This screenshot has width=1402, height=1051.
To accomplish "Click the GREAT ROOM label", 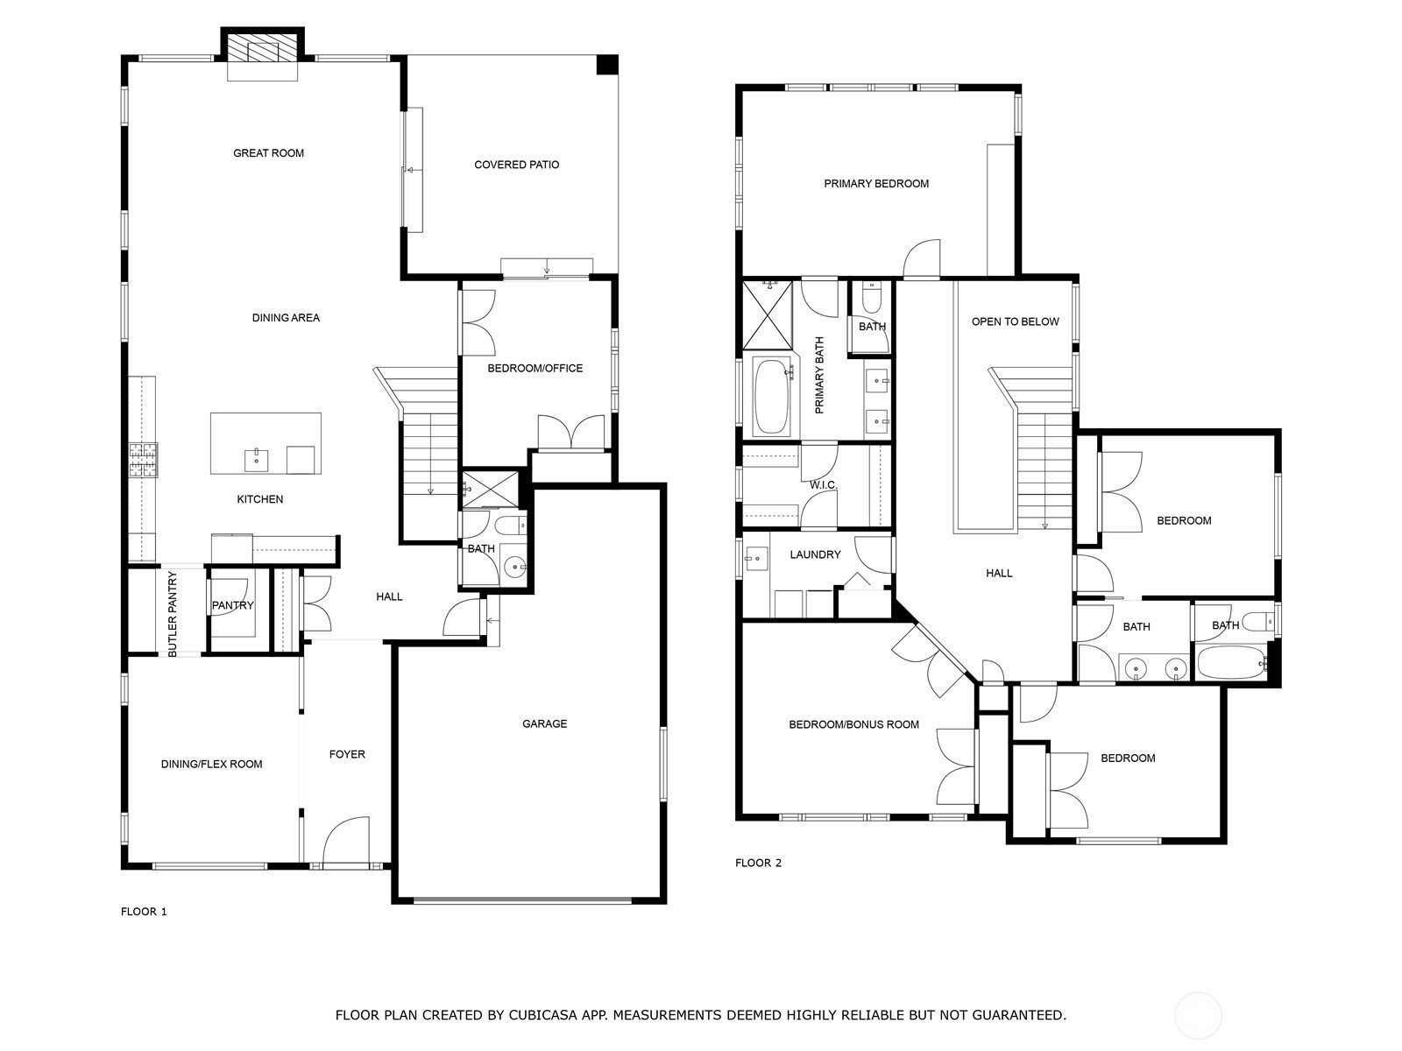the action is point(268,153).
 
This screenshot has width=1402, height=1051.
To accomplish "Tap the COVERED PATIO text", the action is point(517,165).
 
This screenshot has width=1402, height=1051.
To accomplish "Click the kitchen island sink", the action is point(256,460).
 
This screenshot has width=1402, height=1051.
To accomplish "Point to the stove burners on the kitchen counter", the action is point(144,461).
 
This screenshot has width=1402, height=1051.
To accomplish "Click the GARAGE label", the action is point(545,723).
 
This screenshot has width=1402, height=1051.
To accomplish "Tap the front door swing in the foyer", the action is point(346,840).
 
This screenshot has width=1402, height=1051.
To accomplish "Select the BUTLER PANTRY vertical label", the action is point(173,615).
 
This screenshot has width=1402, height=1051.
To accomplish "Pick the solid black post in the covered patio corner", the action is point(607,65).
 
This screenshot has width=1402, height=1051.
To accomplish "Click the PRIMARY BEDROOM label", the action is point(876,184).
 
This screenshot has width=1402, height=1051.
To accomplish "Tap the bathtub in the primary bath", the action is point(771,396).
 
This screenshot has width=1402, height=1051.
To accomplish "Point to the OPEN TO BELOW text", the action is point(1015,321).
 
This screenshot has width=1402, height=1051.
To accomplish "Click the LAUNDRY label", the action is point(815,554).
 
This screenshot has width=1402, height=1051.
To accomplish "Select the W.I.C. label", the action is point(824,485).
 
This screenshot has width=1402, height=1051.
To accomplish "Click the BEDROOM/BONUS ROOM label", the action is point(854,724).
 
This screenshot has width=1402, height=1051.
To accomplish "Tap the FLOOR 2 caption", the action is point(758,863).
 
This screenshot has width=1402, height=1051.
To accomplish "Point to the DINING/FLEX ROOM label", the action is point(211,764).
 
